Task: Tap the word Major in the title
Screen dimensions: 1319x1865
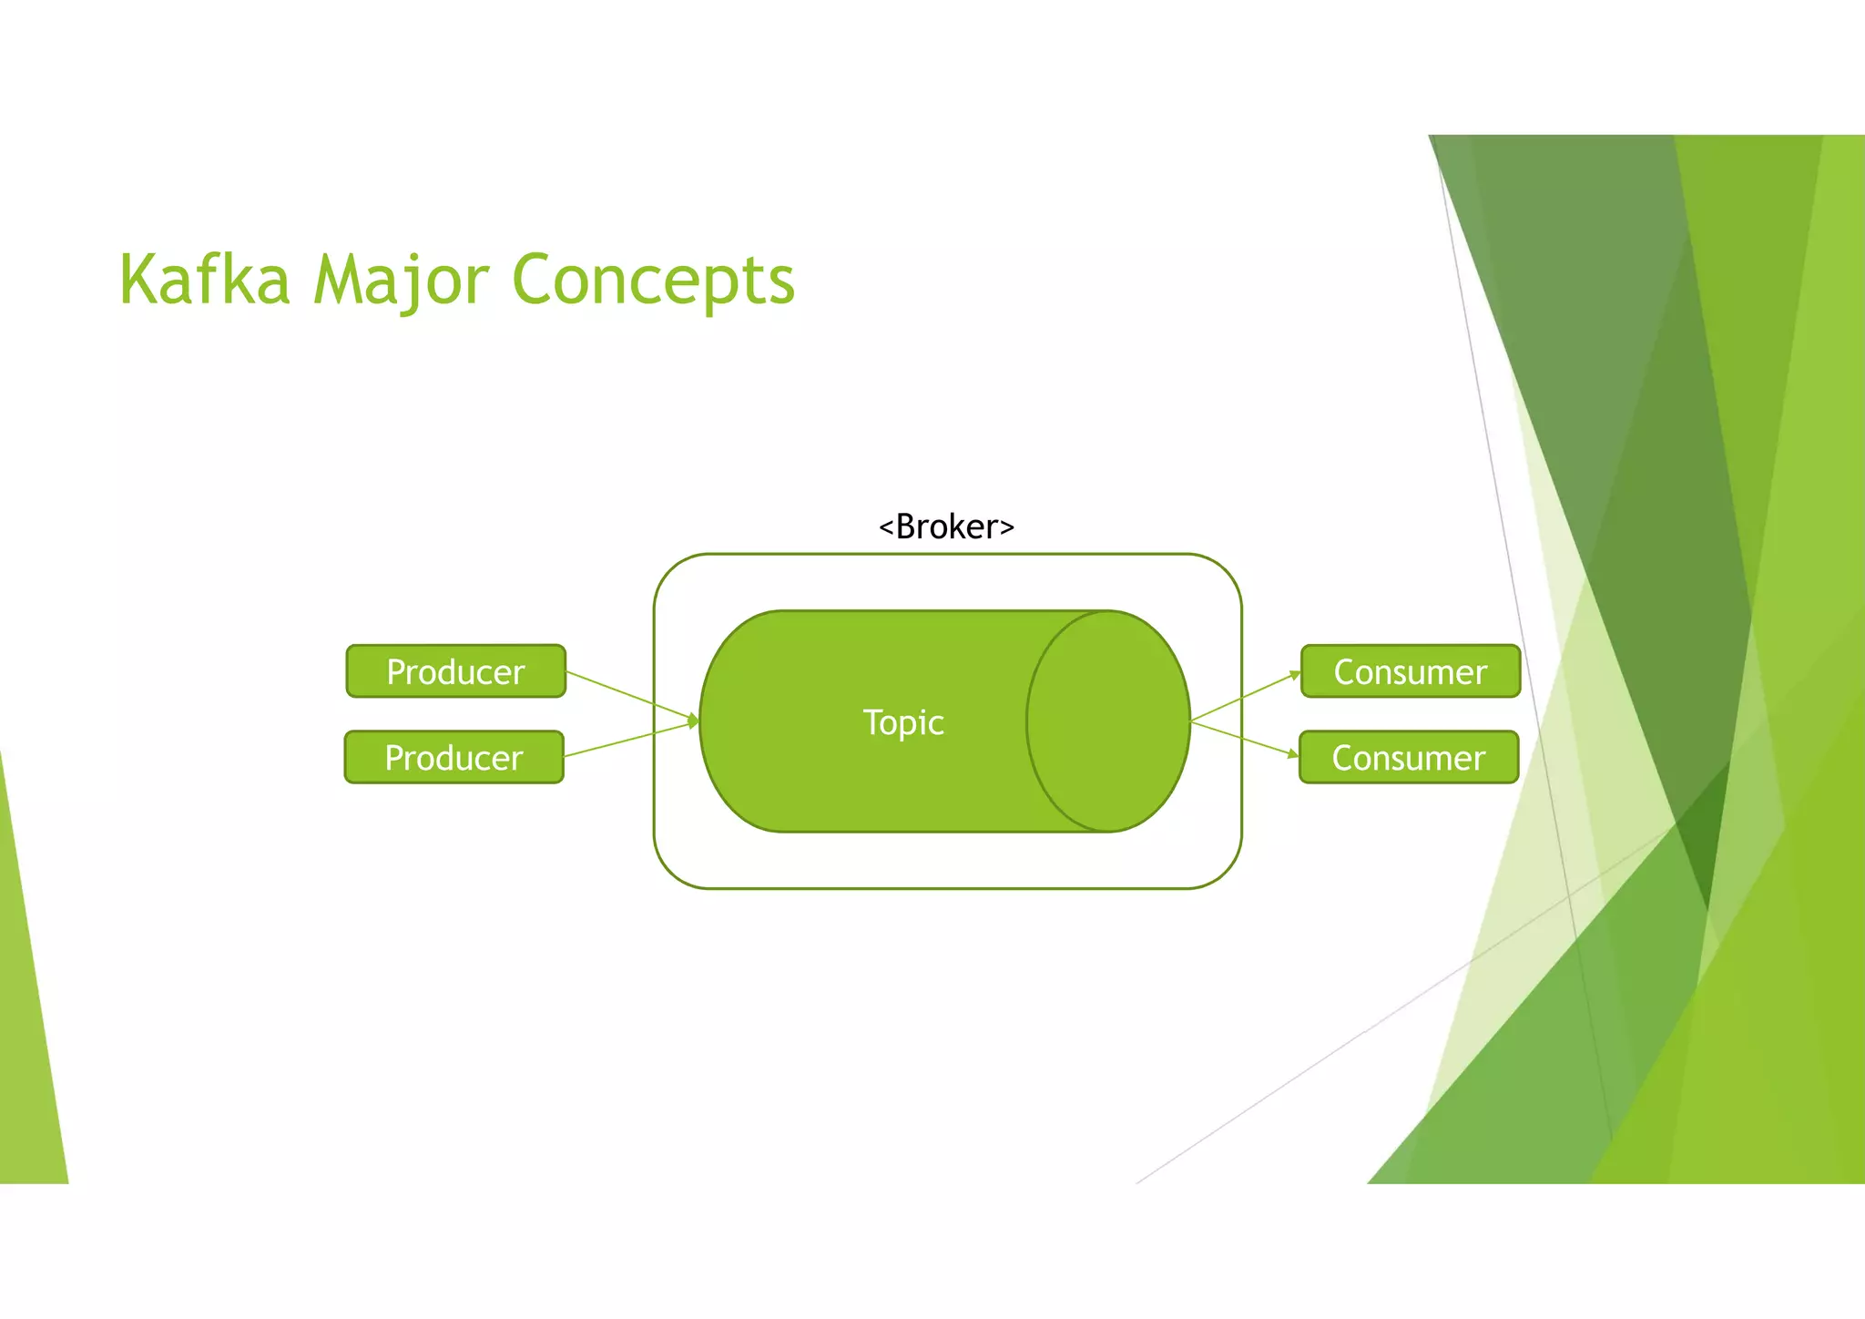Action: click(x=402, y=281)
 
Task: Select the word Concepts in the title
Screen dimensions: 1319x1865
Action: click(x=653, y=281)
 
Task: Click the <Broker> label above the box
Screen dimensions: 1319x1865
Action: click(x=946, y=527)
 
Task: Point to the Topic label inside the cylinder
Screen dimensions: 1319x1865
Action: click(x=902, y=722)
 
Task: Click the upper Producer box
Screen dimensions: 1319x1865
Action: click(x=455, y=671)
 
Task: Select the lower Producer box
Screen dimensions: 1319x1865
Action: click(x=454, y=757)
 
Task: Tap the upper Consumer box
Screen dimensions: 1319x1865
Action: click(x=1410, y=671)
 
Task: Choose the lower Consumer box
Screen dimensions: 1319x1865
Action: click(x=1408, y=757)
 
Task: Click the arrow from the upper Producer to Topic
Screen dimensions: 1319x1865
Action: click(x=628, y=695)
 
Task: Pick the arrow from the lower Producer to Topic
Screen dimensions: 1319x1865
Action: click(x=628, y=740)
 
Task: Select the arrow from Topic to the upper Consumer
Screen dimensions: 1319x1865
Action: click(x=1243, y=698)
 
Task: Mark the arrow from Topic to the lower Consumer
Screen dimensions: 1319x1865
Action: click(x=1243, y=738)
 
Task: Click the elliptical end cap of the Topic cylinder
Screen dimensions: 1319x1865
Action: click(x=1108, y=721)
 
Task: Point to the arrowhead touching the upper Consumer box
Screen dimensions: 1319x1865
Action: click(x=1295, y=675)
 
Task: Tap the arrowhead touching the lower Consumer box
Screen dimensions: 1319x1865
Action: click(x=1293, y=753)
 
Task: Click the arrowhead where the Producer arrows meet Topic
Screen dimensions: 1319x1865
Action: click(x=694, y=721)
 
